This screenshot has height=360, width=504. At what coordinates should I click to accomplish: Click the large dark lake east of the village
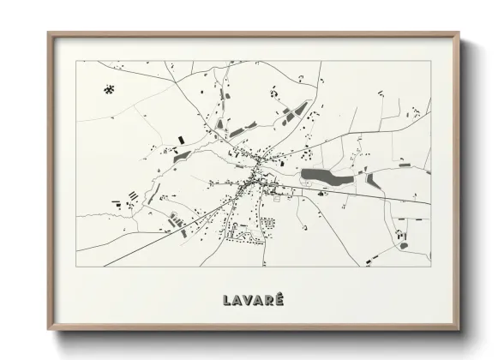(326, 177)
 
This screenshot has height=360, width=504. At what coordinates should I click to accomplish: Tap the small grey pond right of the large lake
(374, 181)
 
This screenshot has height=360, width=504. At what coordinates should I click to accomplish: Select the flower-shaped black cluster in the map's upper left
(109, 88)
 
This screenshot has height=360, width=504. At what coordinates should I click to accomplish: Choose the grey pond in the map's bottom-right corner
(402, 245)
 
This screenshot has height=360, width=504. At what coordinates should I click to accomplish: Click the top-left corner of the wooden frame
(48, 33)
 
